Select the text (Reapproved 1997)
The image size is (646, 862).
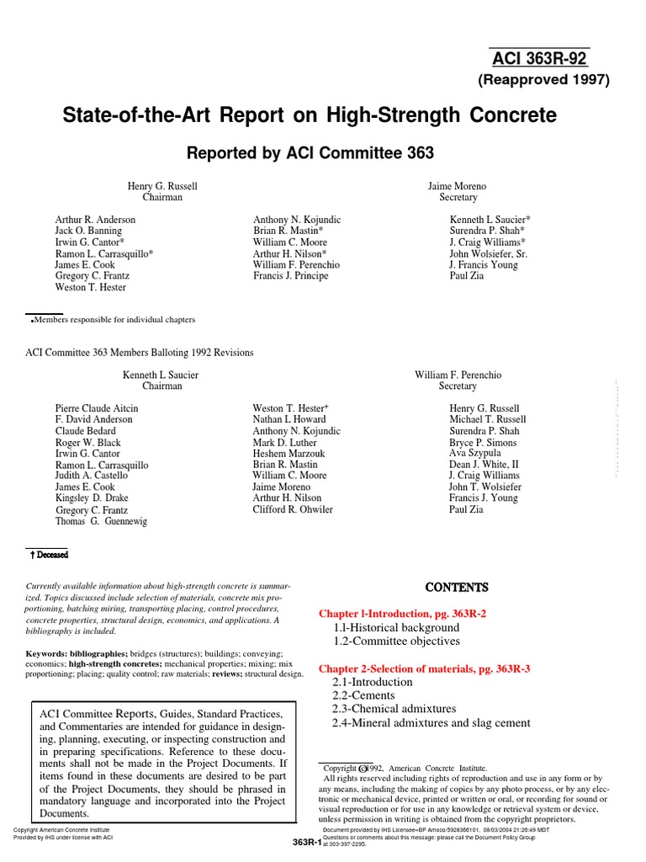[x=544, y=81]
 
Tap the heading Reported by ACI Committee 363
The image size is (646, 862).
[x=310, y=152]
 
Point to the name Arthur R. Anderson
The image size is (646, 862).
[x=95, y=219]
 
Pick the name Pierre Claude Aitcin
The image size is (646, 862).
[x=97, y=408]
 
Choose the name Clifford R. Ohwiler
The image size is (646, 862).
[x=293, y=509]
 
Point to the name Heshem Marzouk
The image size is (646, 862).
[x=289, y=454]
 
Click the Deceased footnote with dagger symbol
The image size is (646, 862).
[x=49, y=555]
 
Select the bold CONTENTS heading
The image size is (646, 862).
[x=455, y=587]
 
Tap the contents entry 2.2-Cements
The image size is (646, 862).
[x=363, y=695]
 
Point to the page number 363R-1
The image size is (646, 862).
[x=308, y=843]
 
